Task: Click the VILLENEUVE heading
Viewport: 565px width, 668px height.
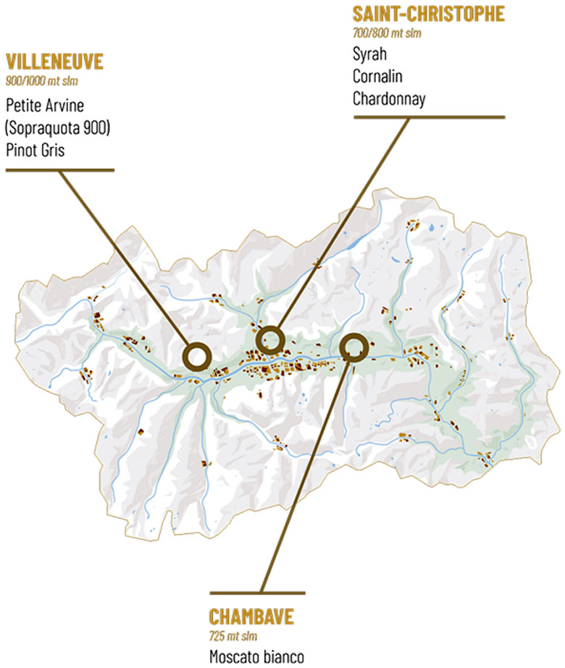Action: pos(54,62)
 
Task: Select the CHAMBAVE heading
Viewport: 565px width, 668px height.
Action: pos(251,617)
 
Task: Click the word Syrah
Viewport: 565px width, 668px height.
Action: pos(369,54)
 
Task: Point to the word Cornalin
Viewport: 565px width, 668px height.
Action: pos(377,76)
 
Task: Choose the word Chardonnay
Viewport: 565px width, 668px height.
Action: pos(389,98)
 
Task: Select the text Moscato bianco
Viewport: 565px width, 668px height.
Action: pos(253,657)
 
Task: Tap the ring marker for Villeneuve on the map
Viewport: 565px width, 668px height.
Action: pos(197,357)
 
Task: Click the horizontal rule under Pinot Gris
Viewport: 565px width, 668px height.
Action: pos(60,171)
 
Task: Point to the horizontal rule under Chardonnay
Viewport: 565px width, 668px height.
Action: pos(427,117)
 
